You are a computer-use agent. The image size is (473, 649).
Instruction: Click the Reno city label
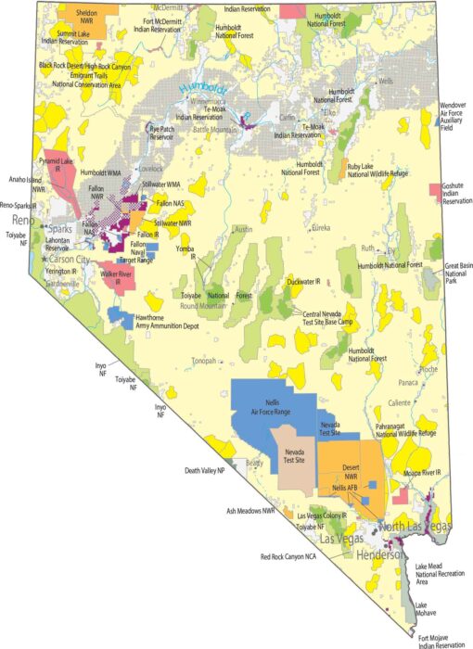pos(23,221)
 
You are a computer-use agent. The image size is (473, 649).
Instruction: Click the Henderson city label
pos(380,554)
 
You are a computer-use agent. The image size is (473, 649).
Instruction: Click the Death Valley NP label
pos(206,470)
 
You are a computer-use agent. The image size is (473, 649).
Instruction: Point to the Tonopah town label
pos(204,362)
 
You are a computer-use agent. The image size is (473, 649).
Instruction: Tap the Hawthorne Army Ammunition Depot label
pos(171,320)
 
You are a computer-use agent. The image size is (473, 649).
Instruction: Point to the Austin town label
pos(243,228)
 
